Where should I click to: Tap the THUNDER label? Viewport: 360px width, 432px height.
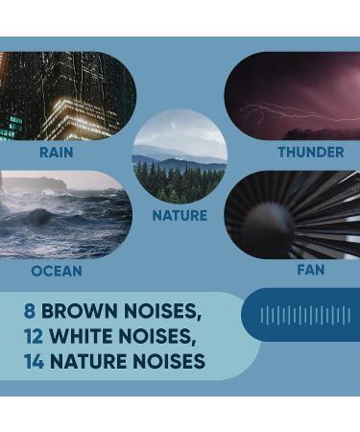pyautogui.click(x=310, y=153)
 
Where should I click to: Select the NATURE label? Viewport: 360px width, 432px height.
pyautogui.click(x=180, y=215)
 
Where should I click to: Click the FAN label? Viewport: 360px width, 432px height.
pyautogui.click(x=310, y=271)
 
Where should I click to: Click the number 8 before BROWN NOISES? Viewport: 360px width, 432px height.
pyautogui.click(x=31, y=311)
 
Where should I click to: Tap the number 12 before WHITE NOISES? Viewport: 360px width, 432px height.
pyautogui.click(x=36, y=336)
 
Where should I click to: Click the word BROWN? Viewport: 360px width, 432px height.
pyautogui.click(x=81, y=311)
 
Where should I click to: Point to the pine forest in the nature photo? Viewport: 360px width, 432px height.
pyautogui.click(x=180, y=182)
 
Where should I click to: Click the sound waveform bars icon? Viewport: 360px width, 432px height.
pyautogui.click(x=305, y=315)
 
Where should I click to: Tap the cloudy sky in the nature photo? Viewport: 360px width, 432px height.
pyautogui.click(x=180, y=130)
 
